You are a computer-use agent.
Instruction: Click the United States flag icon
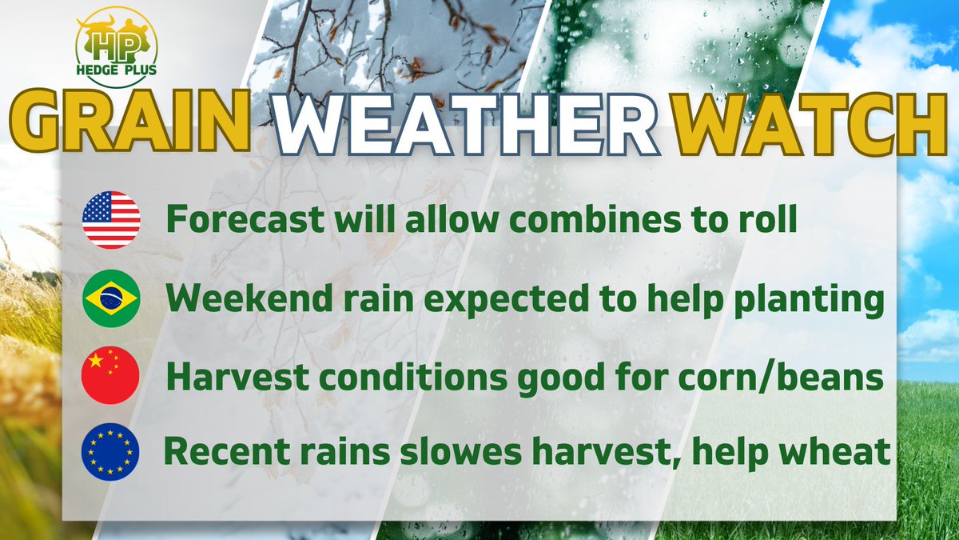click(x=111, y=220)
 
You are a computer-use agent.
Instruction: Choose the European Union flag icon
click(x=111, y=451)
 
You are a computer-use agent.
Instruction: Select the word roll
click(x=765, y=220)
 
